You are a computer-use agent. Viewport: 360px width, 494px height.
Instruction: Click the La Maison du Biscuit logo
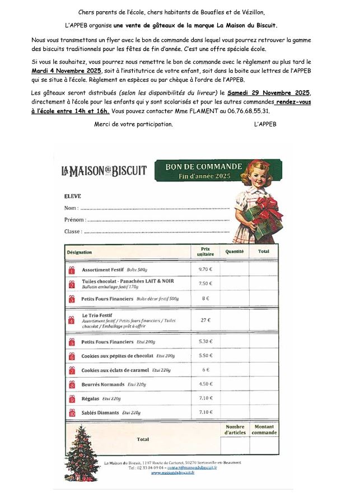click(x=104, y=171)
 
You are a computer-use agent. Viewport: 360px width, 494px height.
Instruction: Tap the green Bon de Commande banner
click(x=204, y=171)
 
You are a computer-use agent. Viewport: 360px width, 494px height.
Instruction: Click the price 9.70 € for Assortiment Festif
click(x=205, y=269)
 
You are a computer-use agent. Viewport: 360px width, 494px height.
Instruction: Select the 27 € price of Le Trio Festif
click(x=205, y=320)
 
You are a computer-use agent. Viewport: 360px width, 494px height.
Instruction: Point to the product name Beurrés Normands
click(x=102, y=384)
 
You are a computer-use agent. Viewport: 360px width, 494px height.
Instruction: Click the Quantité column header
click(x=234, y=252)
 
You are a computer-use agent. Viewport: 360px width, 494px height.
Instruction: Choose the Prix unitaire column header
click(x=205, y=252)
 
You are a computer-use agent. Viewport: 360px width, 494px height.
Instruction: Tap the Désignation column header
click(x=80, y=252)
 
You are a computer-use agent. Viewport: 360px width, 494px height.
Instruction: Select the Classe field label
click(x=73, y=231)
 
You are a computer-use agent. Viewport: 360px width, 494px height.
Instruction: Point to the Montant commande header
click(x=264, y=430)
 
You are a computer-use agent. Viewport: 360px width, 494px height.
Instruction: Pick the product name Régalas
click(x=91, y=398)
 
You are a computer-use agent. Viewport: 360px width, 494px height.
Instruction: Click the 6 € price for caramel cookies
click(x=205, y=370)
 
